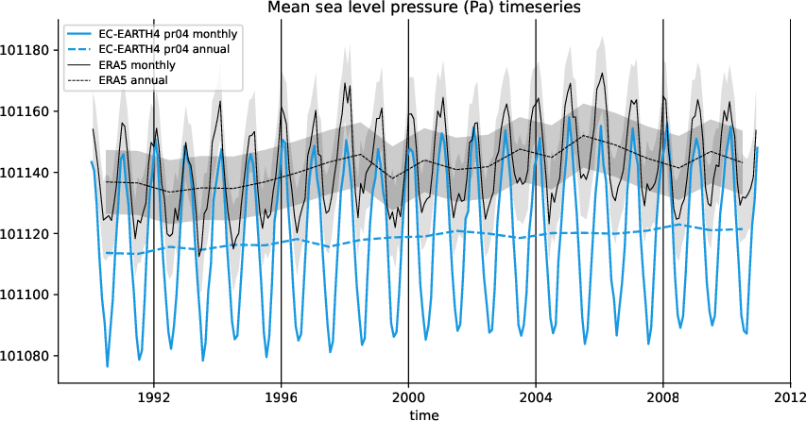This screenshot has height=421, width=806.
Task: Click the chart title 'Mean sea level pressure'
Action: tap(424, 8)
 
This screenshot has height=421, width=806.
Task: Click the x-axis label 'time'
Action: tap(424, 413)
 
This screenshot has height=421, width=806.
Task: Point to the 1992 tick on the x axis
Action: tap(153, 397)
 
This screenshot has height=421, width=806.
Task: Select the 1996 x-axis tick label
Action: tap(281, 397)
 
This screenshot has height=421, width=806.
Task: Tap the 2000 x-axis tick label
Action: tap(408, 397)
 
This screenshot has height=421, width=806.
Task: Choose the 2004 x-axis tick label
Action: tap(536, 397)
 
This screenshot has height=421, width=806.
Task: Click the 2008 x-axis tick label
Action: tap(662, 397)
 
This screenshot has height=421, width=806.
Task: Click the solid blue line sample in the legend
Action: tap(80, 35)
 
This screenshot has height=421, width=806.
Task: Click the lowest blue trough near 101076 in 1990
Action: tap(108, 366)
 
